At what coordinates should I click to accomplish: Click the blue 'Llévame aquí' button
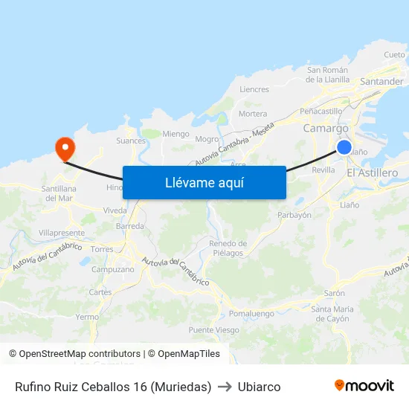pos(204,182)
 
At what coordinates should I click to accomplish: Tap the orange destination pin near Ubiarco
pos(65,147)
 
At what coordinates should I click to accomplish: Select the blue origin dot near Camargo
pos(344,147)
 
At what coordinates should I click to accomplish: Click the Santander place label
pos(381,81)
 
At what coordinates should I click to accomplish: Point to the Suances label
pos(131,140)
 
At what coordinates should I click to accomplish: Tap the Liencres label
pos(254,89)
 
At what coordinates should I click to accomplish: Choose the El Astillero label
pos(372,173)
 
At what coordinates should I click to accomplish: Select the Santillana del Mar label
pos(59,193)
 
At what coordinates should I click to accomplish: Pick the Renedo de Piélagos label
pos(228,248)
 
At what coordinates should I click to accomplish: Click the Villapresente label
pos(61,233)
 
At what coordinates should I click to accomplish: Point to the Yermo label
pos(87,317)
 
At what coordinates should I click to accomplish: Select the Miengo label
pos(176,134)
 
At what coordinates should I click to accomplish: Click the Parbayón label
pos(294,215)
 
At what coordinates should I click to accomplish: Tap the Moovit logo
pos(364,386)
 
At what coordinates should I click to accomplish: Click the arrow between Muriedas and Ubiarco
pos(225,387)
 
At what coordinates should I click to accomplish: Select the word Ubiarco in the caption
pos(259,387)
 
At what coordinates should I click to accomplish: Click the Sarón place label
pos(334,293)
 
